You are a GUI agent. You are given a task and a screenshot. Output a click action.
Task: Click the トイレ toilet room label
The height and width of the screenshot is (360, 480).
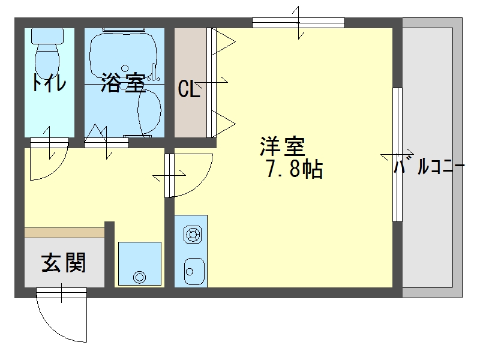49,83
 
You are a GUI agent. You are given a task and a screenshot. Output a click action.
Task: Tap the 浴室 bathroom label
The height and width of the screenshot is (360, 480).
123,83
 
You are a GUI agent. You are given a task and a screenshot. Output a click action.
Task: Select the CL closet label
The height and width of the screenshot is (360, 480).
189,89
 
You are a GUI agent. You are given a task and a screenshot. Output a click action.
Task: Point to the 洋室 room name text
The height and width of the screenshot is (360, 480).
282,146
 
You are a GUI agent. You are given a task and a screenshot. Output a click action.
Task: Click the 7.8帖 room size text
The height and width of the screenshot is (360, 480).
295,169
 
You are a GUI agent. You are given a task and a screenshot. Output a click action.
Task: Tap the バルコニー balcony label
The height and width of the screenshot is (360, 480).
429,167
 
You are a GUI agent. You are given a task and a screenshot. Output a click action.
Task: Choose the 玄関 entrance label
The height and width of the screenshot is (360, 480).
64,263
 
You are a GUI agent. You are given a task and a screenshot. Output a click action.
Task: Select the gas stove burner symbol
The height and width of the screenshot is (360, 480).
193,235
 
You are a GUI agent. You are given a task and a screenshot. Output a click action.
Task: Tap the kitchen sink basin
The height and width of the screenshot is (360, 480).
194,271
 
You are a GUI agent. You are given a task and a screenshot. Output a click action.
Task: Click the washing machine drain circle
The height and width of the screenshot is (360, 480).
139,277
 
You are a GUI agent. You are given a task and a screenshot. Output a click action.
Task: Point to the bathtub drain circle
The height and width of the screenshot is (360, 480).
125,68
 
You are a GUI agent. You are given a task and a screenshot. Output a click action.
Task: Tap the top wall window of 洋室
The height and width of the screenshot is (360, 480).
298,23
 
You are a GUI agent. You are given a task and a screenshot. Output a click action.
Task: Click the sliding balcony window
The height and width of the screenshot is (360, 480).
397,155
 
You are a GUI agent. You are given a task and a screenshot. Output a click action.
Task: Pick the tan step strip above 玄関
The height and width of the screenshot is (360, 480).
64,232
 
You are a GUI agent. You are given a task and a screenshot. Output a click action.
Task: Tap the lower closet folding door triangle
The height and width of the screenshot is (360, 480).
223,124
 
